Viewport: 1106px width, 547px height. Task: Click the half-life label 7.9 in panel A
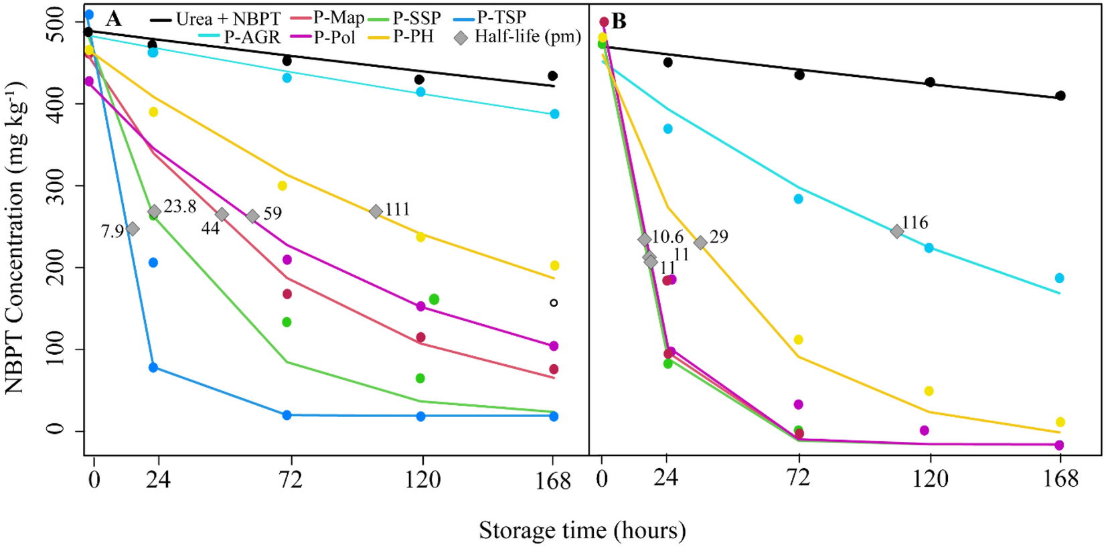(112, 231)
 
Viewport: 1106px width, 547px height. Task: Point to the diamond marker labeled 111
(376, 212)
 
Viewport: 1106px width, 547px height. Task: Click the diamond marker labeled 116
(896, 231)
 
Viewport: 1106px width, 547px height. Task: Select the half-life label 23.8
(179, 207)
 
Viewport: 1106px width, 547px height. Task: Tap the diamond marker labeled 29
(700, 243)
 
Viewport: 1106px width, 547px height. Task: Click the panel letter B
(619, 21)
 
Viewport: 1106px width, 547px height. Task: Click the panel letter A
(114, 19)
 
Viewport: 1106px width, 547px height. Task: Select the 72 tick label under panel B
(799, 478)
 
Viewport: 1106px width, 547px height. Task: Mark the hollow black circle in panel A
(554, 303)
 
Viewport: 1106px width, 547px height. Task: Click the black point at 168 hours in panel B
(1060, 96)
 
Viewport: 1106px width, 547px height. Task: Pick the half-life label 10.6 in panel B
(667, 236)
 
